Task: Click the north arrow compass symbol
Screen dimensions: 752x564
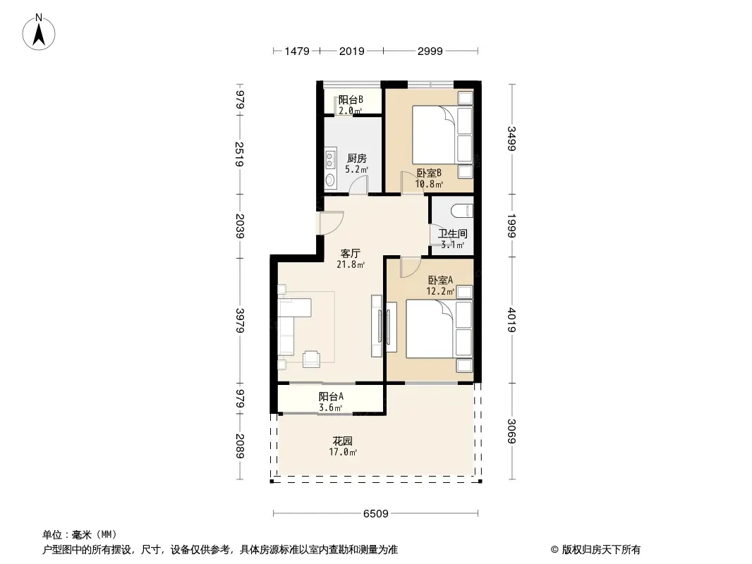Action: point(39,32)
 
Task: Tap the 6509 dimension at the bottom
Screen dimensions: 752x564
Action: point(375,514)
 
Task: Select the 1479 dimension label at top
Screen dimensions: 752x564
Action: point(297,51)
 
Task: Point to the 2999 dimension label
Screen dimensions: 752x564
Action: point(430,51)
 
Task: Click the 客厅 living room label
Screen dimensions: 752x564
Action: point(350,253)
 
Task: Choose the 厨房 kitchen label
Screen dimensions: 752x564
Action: point(357,158)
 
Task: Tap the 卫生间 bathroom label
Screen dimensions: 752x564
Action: point(452,233)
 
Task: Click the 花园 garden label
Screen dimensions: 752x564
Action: point(342,441)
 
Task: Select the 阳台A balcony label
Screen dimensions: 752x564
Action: point(331,397)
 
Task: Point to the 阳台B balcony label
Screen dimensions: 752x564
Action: point(351,99)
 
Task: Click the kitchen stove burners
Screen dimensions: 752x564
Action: point(330,159)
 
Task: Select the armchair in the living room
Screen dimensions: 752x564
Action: point(311,358)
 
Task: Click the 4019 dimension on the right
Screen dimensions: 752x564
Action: point(511,320)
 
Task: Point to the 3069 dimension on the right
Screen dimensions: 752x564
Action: point(511,431)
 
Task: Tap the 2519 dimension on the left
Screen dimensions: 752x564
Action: point(240,154)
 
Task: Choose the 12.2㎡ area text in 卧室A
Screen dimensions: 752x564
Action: point(440,291)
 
